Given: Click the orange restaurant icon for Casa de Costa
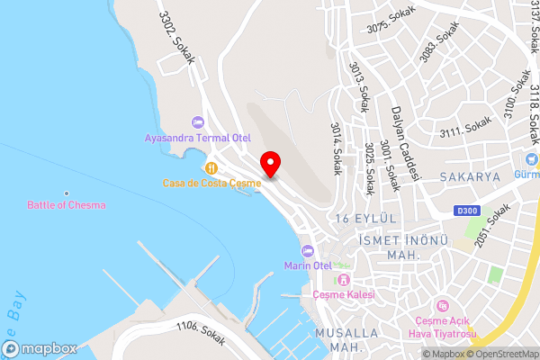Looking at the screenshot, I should click(211, 167).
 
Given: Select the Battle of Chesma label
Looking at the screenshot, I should click(66, 205).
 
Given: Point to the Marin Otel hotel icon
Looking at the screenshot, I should click(308, 250).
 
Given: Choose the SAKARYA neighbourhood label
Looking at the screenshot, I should click(470, 178).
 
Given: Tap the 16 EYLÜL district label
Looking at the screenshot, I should click(364, 219).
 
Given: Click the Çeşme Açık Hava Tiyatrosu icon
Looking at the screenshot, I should click(441, 307).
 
